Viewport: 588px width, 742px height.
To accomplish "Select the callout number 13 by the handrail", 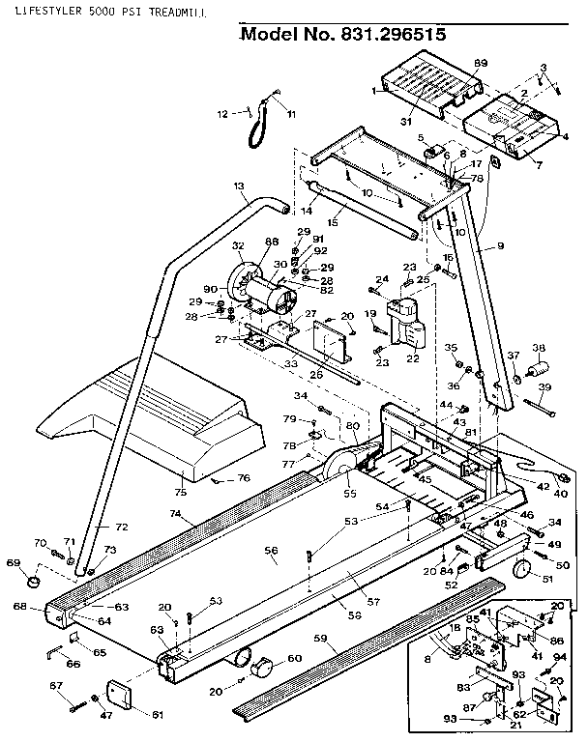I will coord(238,185).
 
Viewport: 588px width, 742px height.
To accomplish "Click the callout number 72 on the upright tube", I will coord(122,528).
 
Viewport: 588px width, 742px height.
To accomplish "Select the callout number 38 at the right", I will coord(539,348).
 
